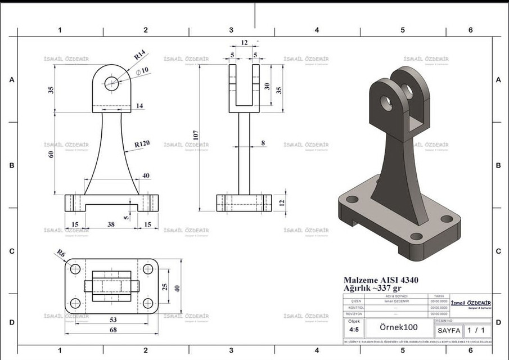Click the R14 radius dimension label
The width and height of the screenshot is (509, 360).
click(139, 55)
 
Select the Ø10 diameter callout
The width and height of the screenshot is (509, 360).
click(142, 70)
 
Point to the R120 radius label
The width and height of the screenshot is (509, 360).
click(142, 144)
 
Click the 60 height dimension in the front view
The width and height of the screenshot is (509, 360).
click(51, 154)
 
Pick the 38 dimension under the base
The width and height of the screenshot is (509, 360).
click(111, 224)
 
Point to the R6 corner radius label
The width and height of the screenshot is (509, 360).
click(61, 254)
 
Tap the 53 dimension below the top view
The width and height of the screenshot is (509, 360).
click(112, 319)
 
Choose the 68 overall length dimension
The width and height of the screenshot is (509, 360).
click(112, 330)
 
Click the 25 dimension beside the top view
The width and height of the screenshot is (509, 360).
click(165, 287)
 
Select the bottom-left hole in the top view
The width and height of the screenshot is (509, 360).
click(75, 304)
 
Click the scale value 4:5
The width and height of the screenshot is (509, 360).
click(354, 330)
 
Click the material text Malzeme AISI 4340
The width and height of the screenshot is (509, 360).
click(381, 280)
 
